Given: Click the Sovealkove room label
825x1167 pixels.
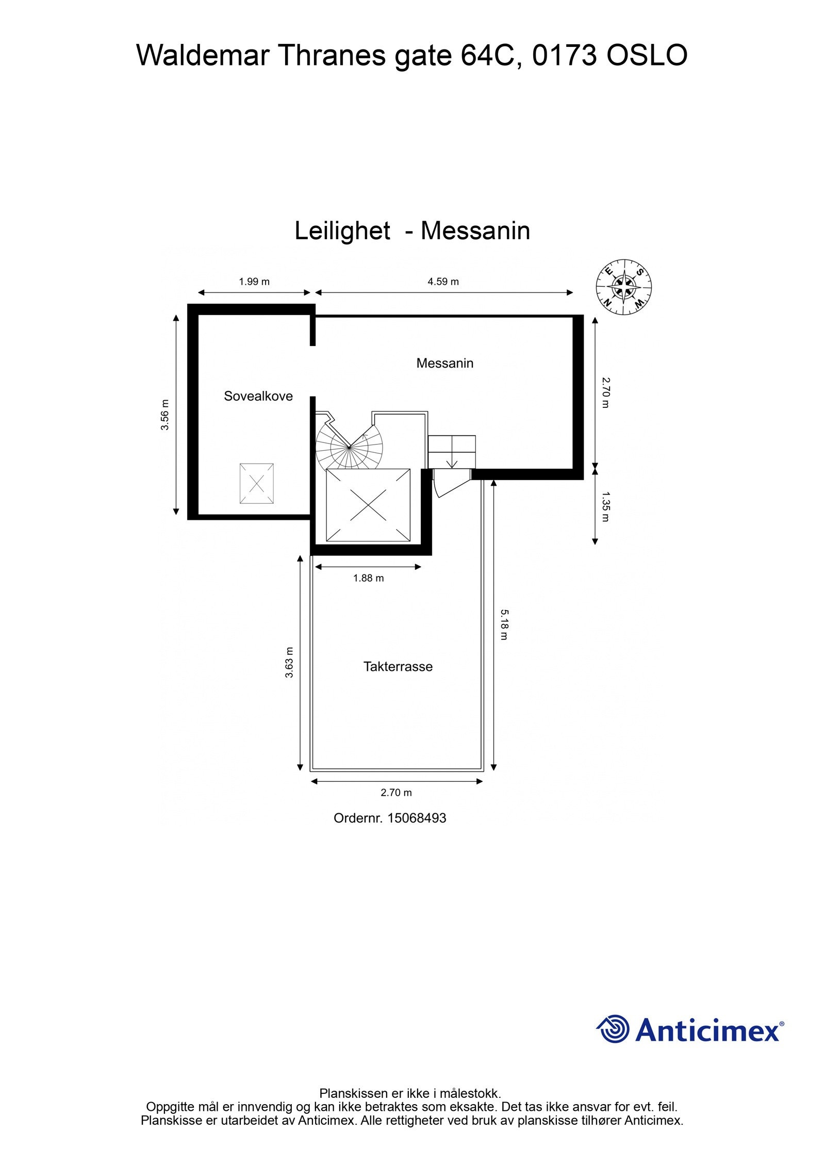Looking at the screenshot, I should (x=258, y=396).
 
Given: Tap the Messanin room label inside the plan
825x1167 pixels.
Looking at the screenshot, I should (x=444, y=363).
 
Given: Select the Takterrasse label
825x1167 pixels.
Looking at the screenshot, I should (x=398, y=666).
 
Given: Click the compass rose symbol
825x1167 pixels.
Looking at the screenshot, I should (x=624, y=287).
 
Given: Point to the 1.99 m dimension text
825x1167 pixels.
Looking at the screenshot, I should (x=254, y=282).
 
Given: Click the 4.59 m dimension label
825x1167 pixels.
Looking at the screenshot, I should (x=443, y=282).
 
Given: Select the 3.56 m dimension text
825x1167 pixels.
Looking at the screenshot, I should (x=165, y=415).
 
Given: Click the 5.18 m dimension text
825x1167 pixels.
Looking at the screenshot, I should (x=504, y=624).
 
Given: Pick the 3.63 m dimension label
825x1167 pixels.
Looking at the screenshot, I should (x=289, y=662).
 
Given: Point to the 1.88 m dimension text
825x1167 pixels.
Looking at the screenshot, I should (x=368, y=578).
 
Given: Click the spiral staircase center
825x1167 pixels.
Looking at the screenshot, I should (x=350, y=446).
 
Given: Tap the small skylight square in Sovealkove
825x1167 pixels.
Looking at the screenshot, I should (x=256, y=483).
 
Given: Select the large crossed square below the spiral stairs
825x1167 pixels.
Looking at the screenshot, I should (x=368, y=505).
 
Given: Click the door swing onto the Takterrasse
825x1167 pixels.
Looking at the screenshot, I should (x=449, y=484).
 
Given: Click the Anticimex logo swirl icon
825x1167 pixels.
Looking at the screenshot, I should (x=614, y=1029).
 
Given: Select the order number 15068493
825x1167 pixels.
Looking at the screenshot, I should (x=417, y=818).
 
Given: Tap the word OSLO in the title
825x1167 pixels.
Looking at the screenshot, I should (x=647, y=56).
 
